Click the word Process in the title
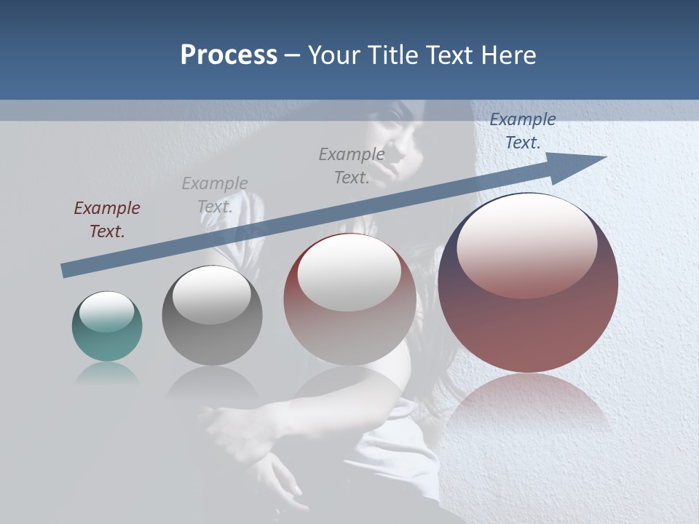[229, 55]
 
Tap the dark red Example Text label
[106, 220]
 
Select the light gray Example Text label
[215, 195]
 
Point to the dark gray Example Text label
[352, 166]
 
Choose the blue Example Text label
[522, 131]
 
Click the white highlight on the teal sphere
[106, 311]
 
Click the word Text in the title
[450, 55]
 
